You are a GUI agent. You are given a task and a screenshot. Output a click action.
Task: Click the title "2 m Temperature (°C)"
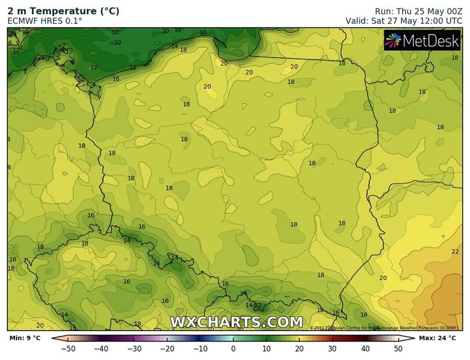(x=63, y=11)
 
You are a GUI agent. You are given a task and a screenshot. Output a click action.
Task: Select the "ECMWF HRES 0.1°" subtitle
(x=45, y=21)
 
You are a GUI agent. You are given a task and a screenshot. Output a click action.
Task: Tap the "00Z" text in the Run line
(x=451, y=11)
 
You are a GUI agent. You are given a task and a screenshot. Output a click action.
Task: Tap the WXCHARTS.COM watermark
(x=236, y=322)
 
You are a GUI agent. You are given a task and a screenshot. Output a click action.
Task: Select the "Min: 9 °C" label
(x=25, y=338)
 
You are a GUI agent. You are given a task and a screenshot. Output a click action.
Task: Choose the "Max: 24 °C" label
(x=438, y=338)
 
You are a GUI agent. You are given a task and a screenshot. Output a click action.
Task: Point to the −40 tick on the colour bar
(x=101, y=348)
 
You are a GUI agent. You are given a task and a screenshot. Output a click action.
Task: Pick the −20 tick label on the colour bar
(x=167, y=348)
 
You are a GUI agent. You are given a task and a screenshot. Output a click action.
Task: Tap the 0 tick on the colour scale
(x=233, y=348)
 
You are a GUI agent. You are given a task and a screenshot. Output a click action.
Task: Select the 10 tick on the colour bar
(x=267, y=348)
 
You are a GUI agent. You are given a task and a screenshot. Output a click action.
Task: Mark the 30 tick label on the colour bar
(x=333, y=348)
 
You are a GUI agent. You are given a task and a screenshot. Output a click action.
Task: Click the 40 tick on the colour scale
(x=366, y=348)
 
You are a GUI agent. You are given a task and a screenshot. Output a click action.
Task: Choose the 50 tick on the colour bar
(x=399, y=348)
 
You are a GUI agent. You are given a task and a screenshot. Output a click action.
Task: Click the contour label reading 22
(x=455, y=251)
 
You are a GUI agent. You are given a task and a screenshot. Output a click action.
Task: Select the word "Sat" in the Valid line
(x=379, y=20)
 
